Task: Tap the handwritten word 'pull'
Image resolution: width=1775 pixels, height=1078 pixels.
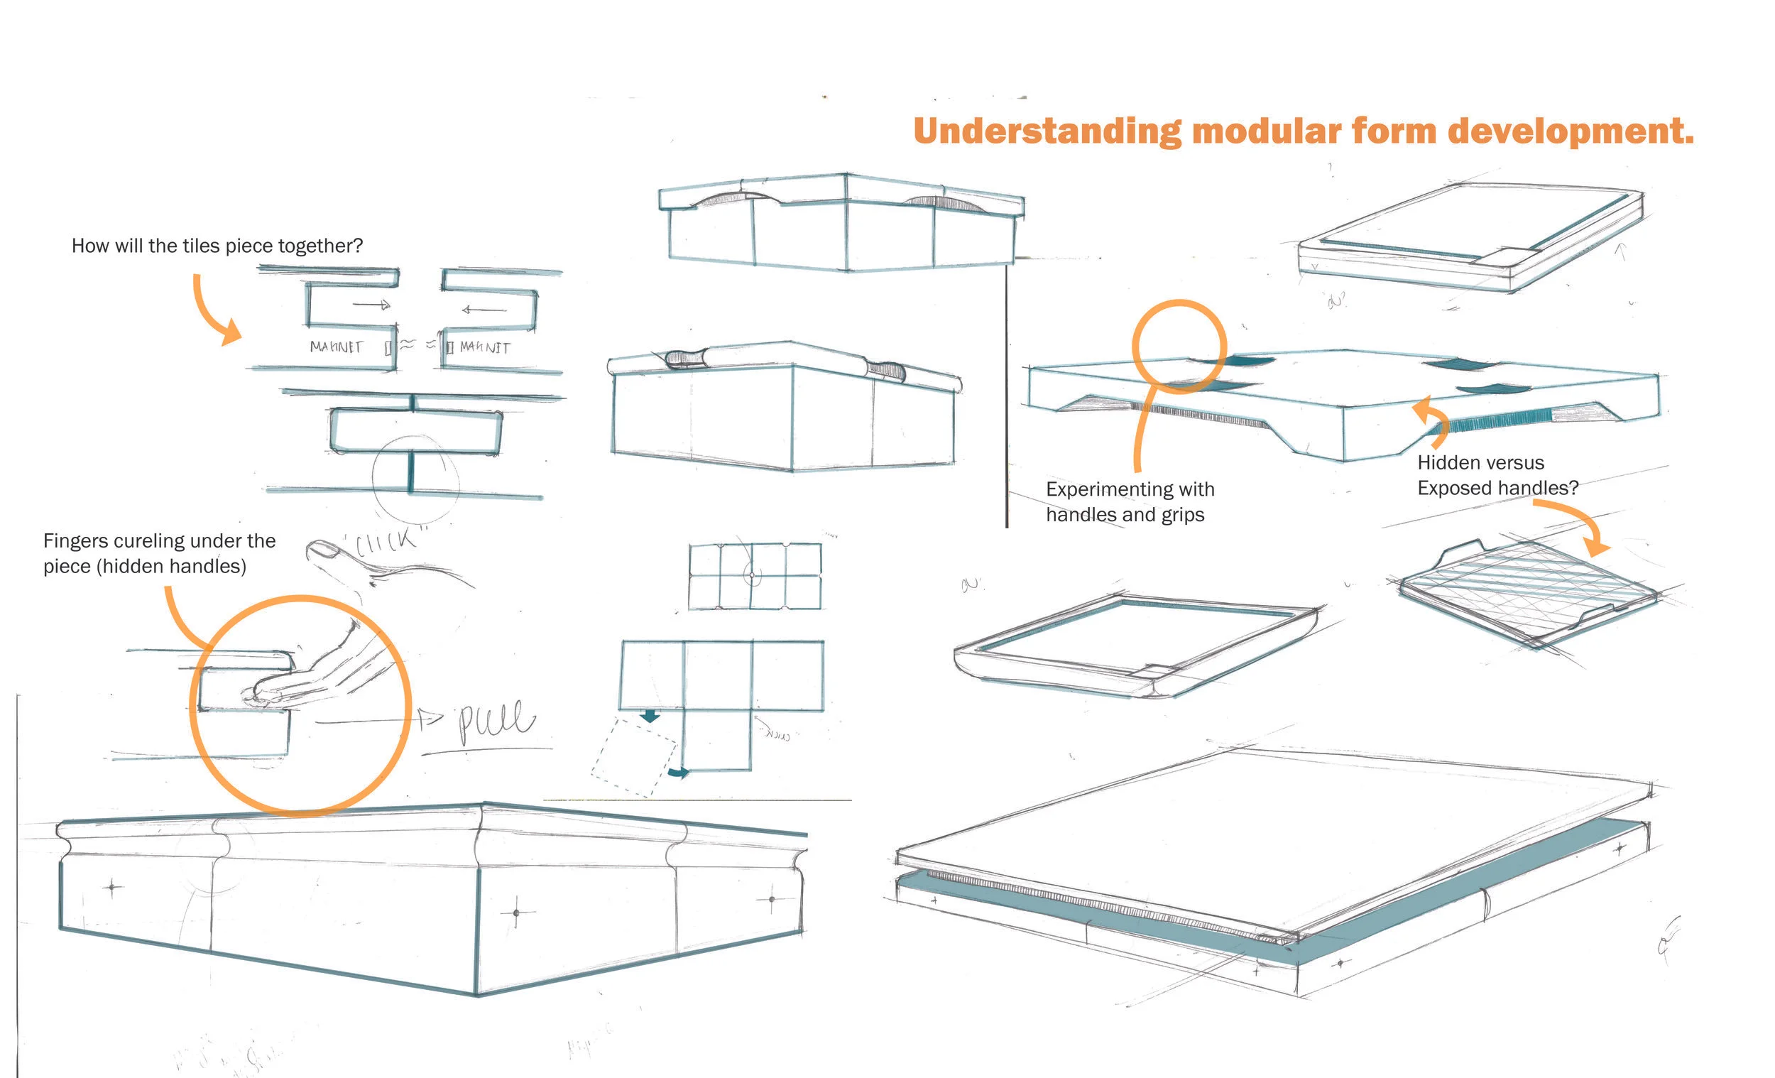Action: click(497, 722)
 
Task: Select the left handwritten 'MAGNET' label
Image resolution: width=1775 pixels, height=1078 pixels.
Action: click(336, 347)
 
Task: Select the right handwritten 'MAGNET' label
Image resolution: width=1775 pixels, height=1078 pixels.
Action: click(485, 347)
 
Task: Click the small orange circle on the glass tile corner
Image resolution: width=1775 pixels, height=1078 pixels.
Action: click(1179, 346)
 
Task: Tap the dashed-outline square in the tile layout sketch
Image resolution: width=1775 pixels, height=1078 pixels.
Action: click(634, 756)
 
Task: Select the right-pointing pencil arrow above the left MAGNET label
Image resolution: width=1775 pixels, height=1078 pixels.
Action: click(372, 305)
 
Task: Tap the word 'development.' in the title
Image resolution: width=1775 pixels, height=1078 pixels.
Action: click(1571, 131)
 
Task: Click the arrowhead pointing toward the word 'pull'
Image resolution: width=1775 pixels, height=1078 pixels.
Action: click(431, 718)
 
